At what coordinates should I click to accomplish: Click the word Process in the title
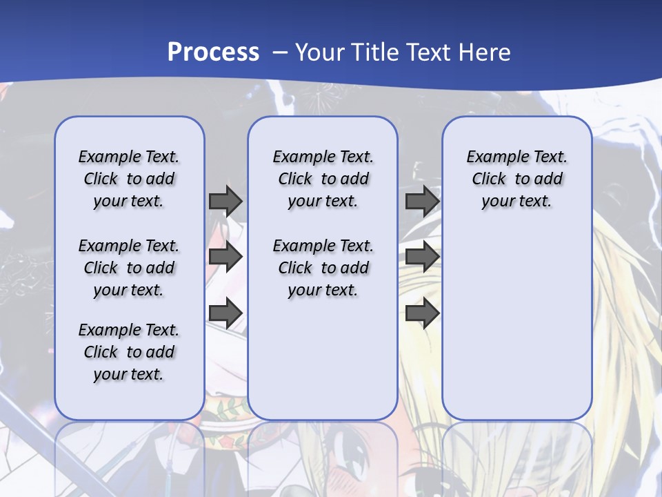coord(213,52)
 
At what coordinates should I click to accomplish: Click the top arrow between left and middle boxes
coord(225,201)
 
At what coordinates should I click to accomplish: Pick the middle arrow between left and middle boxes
coord(225,257)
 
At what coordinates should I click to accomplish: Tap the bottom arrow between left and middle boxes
coord(225,313)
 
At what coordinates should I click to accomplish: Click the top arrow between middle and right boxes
coord(422,201)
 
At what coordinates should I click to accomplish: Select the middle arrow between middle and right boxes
coord(422,257)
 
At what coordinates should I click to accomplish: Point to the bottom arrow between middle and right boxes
coord(422,313)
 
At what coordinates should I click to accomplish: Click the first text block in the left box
coord(129,179)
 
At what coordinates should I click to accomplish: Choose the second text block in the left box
coord(129,268)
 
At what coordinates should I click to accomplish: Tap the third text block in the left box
coord(129,352)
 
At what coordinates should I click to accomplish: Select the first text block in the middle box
coord(323,179)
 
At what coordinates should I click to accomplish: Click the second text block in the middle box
coord(323,268)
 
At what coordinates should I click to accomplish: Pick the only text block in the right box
coord(517,179)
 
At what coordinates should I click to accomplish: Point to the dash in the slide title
coord(280,52)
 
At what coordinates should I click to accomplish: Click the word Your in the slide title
coord(319,52)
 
